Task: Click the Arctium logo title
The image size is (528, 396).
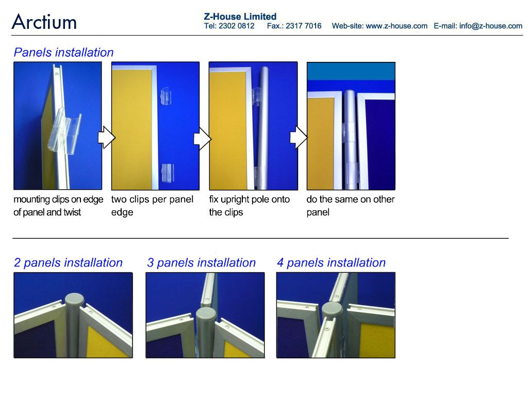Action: pos(44,22)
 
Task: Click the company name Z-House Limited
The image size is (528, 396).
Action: pos(240,16)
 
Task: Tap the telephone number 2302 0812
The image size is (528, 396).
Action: pos(236,26)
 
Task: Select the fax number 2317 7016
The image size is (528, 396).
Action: pos(303,26)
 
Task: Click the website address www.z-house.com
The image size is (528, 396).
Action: pos(397,26)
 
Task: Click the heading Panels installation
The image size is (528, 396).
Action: pos(63,53)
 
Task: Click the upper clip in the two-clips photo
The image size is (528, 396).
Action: pos(166,96)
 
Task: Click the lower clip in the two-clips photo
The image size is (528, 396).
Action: pos(168,172)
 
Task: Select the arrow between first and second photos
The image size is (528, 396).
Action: pos(107,137)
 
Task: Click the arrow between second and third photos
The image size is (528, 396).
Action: pos(202,138)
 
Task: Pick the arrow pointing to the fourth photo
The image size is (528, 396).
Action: pos(299,137)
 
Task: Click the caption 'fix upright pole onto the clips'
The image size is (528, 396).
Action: pos(249,206)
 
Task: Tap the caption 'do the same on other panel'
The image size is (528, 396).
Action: pos(351,206)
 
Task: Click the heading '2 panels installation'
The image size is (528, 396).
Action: pos(69,262)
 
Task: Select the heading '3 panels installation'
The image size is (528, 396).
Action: pos(202,262)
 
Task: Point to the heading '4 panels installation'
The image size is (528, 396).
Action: pos(332,262)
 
